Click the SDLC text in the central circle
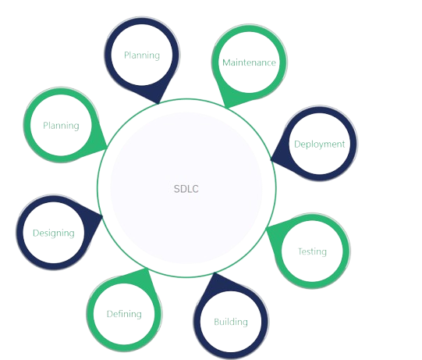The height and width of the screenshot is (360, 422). click(186, 189)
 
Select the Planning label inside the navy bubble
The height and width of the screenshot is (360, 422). click(142, 55)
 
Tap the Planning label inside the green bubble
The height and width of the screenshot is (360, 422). click(61, 126)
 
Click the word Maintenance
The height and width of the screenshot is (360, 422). click(249, 62)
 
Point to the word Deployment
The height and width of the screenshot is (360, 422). click(320, 144)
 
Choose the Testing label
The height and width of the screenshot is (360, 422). click(313, 251)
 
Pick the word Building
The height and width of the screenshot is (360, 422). click(231, 322)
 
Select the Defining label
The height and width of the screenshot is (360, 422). click(124, 314)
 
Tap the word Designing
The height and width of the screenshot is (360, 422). click(54, 233)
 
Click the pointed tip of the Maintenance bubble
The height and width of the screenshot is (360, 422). click(227, 108)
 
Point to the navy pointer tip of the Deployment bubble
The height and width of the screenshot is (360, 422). click(271, 159)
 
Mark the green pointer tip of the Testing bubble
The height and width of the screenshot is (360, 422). click(266, 229)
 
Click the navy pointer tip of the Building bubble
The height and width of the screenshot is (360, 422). click(215, 273)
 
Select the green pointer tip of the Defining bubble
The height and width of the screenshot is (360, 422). click(147, 269)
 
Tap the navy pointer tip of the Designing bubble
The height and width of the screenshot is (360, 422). click(102, 216)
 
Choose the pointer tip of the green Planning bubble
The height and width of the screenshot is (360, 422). click(107, 147)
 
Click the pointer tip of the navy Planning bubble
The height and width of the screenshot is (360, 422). click(158, 103)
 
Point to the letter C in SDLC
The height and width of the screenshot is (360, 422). click(195, 189)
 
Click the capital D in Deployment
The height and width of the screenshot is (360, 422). click(297, 144)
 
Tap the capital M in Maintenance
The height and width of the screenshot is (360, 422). click(226, 62)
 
